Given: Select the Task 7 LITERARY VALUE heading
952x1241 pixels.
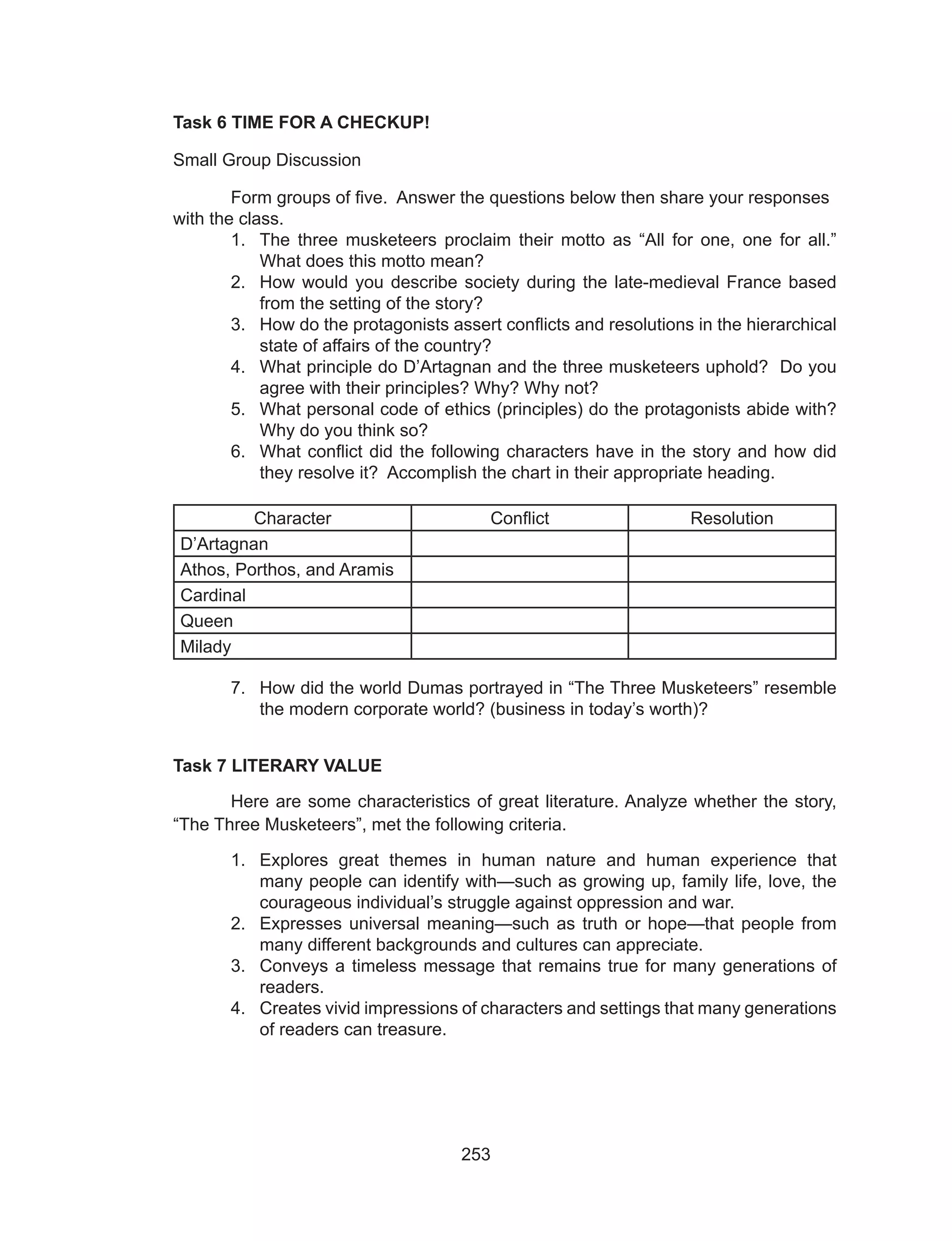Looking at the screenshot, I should click(x=277, y=765).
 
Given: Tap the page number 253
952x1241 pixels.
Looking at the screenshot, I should click(x=476, y=1155).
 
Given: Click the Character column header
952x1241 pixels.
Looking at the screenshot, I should click(x=292, y=518).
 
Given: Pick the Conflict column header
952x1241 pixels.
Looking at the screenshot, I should click(x=519, y=518).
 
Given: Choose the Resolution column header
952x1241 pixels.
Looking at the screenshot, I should click(x=731, y=518).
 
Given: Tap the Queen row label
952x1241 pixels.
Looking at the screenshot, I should click(x=206, y=621).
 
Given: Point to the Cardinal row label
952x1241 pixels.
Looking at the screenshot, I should click(x=212, y=595).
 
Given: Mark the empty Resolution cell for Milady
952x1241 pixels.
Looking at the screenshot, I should click(x=731, y=647).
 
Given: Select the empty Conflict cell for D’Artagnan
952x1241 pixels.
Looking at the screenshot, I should click(x=519, y=544).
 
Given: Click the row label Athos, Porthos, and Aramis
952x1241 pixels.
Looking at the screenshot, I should click(x=286, y=570).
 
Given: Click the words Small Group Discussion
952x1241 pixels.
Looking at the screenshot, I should click(x=266, y=160).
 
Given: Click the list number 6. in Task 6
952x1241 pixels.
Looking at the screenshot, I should click(x=238, y=451).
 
